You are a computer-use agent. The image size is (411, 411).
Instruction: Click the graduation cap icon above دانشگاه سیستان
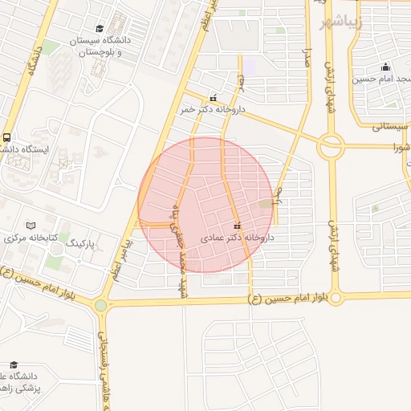(x=100, y=27)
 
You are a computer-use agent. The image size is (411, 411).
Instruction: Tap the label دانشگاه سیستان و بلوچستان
(x=99, y=46)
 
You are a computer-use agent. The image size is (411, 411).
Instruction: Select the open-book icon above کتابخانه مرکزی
(x=31, y=226)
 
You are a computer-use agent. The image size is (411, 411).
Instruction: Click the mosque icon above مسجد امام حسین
(x=386, y=67)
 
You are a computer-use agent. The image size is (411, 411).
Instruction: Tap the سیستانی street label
(x=390, y=127)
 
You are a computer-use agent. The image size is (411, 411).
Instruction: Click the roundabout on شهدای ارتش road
(x=330, y=146)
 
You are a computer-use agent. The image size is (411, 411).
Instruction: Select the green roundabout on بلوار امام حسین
(x=100, y=305)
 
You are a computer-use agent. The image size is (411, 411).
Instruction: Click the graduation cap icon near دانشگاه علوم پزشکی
(x=10, y=364)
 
